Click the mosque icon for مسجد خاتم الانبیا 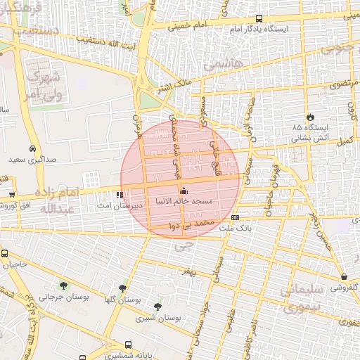[x=184, y=191]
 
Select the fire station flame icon [x=310, y=116]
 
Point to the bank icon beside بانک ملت [x=235, y=217]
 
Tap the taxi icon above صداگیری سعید [x=33, y=149]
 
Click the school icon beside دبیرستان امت [x=119, y=195]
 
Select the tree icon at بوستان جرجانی [x=64, y=285]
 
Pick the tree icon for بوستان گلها [x=123, y=288]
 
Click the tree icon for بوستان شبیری [x=157, y=306]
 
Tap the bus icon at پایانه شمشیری [x=128, y=345]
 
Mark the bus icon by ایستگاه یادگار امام [x=259, y=19]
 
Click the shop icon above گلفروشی [x=344, y=277]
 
